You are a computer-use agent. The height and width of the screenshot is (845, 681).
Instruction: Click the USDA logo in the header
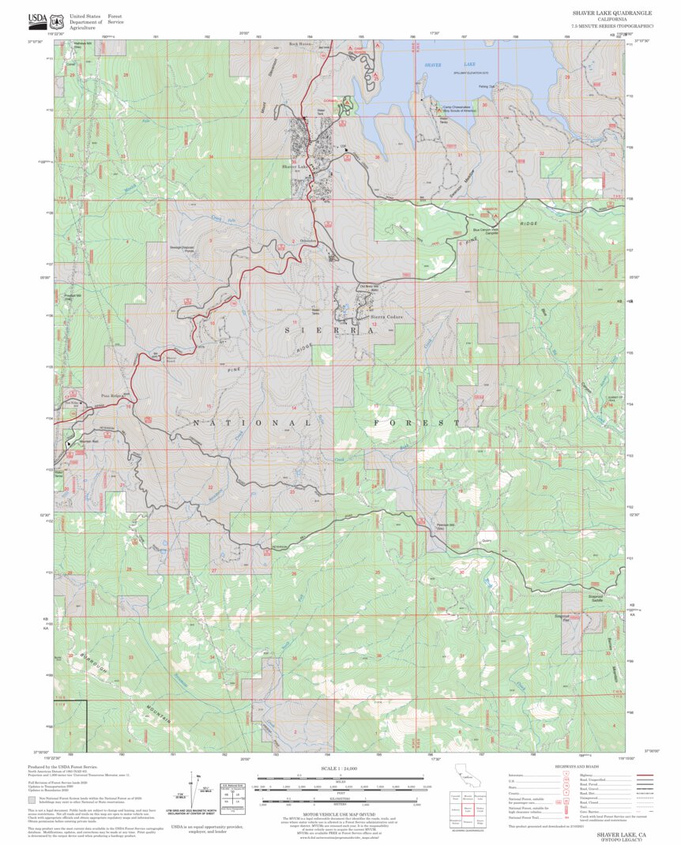[37, 20]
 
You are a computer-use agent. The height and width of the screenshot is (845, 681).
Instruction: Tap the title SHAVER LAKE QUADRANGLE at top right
[612, 13]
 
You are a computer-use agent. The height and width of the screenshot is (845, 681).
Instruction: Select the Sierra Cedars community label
[386, 317]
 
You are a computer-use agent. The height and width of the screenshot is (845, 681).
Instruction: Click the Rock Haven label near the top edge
[300, 44]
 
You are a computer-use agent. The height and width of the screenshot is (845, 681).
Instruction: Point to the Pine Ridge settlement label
[115, 395]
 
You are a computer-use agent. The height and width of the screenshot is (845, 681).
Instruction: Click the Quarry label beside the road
[485, 541]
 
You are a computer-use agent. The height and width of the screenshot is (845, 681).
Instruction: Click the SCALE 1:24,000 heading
[340, 768]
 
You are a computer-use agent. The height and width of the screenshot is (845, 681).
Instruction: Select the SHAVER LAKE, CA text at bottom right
[622, 834]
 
